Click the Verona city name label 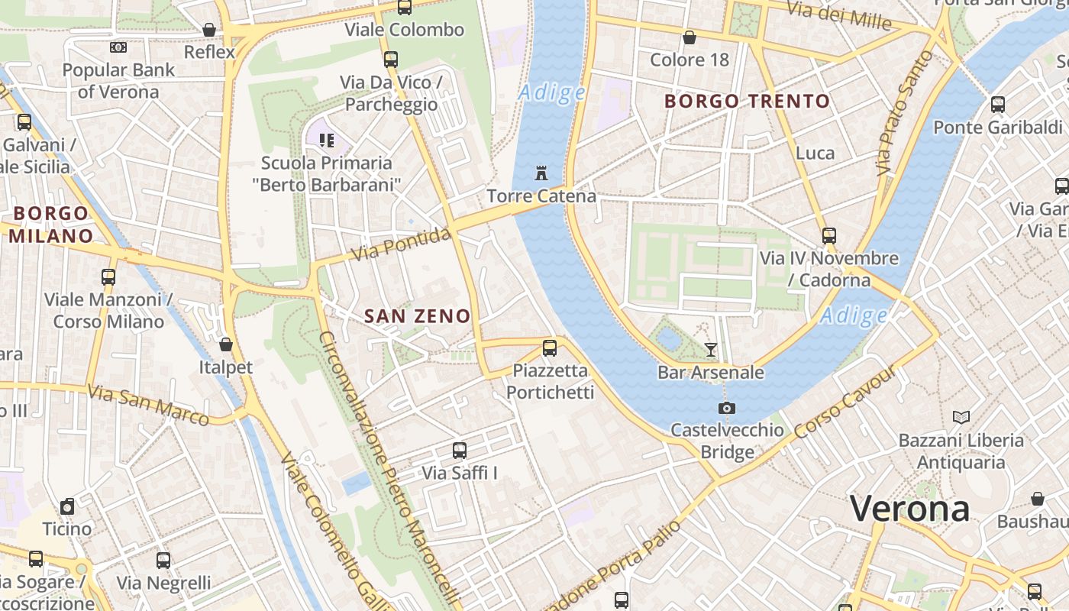(x=909, y=509)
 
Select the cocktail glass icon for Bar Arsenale (x=711, y=350)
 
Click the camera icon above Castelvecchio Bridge (x=727, y=408)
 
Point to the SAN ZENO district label (x=417, y=315)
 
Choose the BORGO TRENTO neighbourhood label (x=747, y=101)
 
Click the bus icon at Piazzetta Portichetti (x=549, y=348)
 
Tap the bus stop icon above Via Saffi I (x=459, y=451)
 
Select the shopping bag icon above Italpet (x=225, y=344)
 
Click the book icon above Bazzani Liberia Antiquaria (x=961, y=417)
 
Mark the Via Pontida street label (x=402, y=244)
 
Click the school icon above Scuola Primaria (x=327, y=140)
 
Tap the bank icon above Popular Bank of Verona (x=118, y=47)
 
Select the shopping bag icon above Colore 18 (x=690, y=37)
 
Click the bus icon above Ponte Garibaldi (x=997, y=105)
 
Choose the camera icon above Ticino (x=67, y=506)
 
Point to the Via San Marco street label (x=148, y=404)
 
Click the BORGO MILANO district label (x=51, y=225)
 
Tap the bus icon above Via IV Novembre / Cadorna (x=828, y=235)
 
